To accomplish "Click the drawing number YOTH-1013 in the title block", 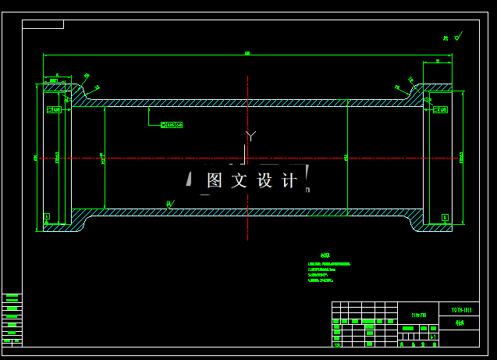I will point(461,310).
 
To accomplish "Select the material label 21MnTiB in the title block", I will point(420,314).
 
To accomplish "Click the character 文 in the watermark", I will point(240,181).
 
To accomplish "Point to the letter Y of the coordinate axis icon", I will point(250,136).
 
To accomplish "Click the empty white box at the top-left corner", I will point(43,24).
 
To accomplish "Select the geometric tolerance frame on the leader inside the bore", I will point(172,124).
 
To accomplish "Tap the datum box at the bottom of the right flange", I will point(445,216).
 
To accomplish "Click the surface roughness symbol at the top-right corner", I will point(457,36).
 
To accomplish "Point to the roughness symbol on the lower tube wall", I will point(170,205).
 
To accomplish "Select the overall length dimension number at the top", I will point(247,53).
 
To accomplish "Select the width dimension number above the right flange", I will point(438,60).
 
